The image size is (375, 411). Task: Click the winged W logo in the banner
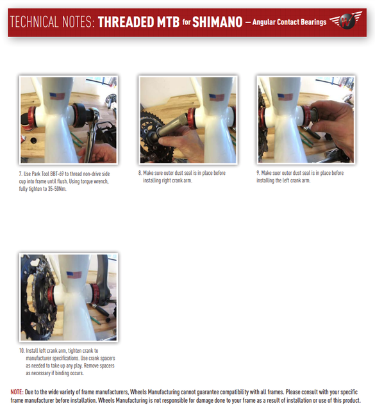pos(346,20)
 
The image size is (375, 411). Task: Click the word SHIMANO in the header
pos(217,22)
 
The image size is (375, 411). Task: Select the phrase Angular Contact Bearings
pos(289,22)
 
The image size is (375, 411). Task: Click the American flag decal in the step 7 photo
pos(57,96)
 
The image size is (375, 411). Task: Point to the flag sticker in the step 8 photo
pos(217,97)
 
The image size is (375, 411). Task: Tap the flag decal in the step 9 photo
pos(285,97)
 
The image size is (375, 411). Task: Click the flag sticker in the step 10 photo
pos(74,275)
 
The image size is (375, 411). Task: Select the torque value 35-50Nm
pos(57,189)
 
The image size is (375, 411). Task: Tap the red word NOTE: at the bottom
pos(17,392)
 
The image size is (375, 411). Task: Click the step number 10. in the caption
pos(22,351)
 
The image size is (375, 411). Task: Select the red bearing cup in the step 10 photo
pos(96,294)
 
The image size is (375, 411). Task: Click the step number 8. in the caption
pos(140,173)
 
